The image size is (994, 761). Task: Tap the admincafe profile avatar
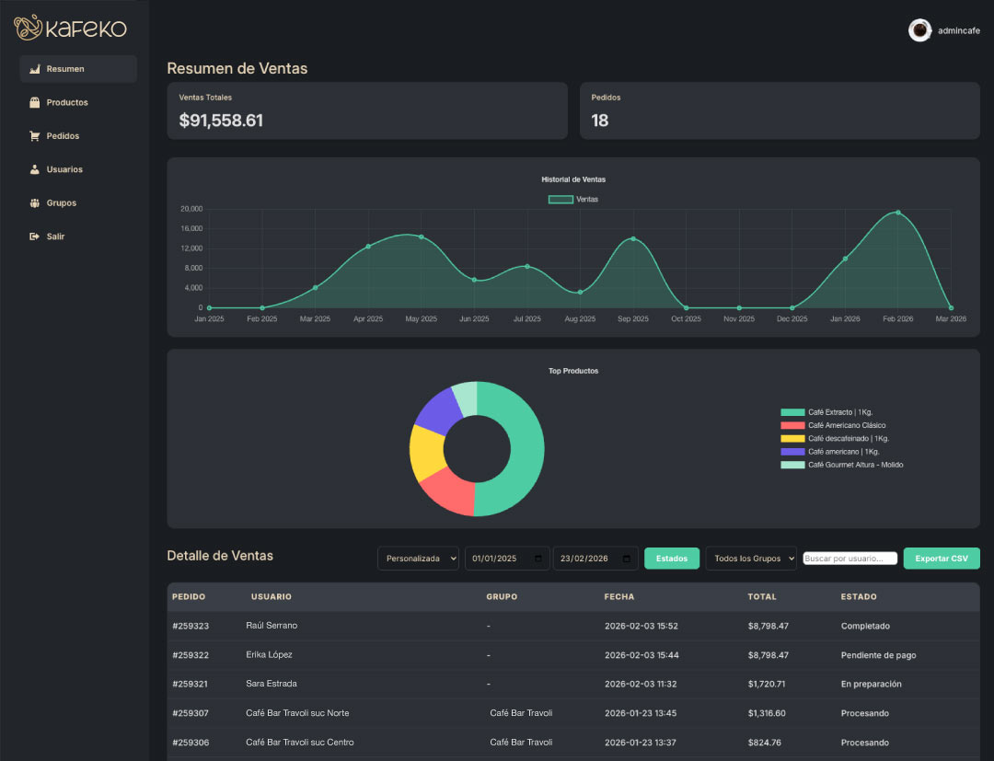coord(919,30)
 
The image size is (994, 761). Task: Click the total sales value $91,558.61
coord(221,121)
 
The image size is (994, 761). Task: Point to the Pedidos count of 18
coord(600,121)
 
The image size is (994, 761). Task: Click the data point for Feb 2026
coord(897,213)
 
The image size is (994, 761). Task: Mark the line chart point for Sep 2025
coord(632,239)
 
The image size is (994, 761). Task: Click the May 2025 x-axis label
coord(421,318)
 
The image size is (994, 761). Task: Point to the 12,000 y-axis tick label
coord(191,248)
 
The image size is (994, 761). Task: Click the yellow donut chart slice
coord(427,452)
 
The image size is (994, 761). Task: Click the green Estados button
coord(671,559)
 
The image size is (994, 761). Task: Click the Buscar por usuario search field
coord(850,559)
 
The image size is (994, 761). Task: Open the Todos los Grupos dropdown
coord(751,559)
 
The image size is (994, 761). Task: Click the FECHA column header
coord(618,597)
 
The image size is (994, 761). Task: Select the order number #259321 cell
coord(191,685)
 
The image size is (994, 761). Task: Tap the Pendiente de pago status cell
coord(878,655)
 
